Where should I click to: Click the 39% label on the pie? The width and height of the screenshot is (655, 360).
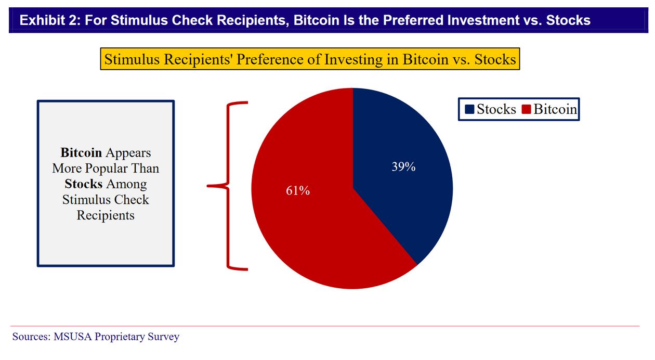pyautogui.click(x=403, y=167)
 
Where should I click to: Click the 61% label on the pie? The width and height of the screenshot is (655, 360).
pyautogui.click(x=298, y=191)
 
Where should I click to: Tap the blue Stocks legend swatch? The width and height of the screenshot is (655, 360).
pyautogui.click(x=469, y=110)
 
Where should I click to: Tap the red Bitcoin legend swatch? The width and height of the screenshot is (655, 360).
pyautogui.click(x=526, y=110)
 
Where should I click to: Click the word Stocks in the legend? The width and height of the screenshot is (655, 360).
pyautogui.click(x=496, y=110)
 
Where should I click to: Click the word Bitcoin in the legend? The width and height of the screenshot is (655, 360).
pyautogui.click(x=555, y=110)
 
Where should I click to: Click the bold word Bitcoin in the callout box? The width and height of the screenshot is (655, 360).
pyautogui.click(x=81, y=153)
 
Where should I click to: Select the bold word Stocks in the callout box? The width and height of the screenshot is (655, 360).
pyautogui.click(x=84, y=184)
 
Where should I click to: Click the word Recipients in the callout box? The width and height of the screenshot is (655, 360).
pyautogui.click(x=106, y=215)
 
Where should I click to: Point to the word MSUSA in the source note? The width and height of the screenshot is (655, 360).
pyautogui.click(x=72, y=337)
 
